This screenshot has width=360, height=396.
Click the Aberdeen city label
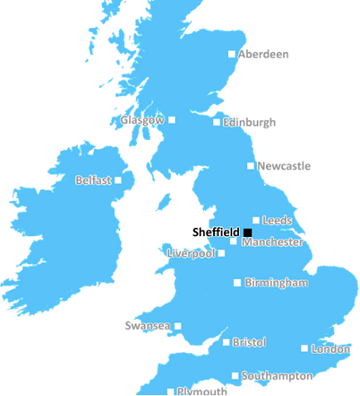tap(264, 55)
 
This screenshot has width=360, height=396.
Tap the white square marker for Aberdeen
tap(231, 55)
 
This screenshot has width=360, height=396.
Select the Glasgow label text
tap(142, 120)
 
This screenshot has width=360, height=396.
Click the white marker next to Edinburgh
tap(216, 123)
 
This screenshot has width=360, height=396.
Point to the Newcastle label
tap(284, 166)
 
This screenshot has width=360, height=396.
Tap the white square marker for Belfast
tap(118, 180)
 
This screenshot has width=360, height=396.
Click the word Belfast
tap(93, 180)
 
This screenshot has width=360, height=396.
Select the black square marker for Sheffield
tap(247, 232)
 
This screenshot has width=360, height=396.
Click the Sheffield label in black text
tap(215, 232)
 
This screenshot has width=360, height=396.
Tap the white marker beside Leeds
tap(255, 220)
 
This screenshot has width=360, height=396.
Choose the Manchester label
tap(272, 243)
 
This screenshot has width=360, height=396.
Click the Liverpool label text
tap(190, 253)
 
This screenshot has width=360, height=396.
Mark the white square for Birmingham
tap(236, 283)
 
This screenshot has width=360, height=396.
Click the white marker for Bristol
tap(226, 341)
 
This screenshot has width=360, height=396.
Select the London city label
tap(329, 350)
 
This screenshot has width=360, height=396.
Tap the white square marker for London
tap(304, 349)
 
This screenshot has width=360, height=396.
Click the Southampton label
tap(278, 376)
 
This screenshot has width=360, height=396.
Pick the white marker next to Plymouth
tap(171, 391)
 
